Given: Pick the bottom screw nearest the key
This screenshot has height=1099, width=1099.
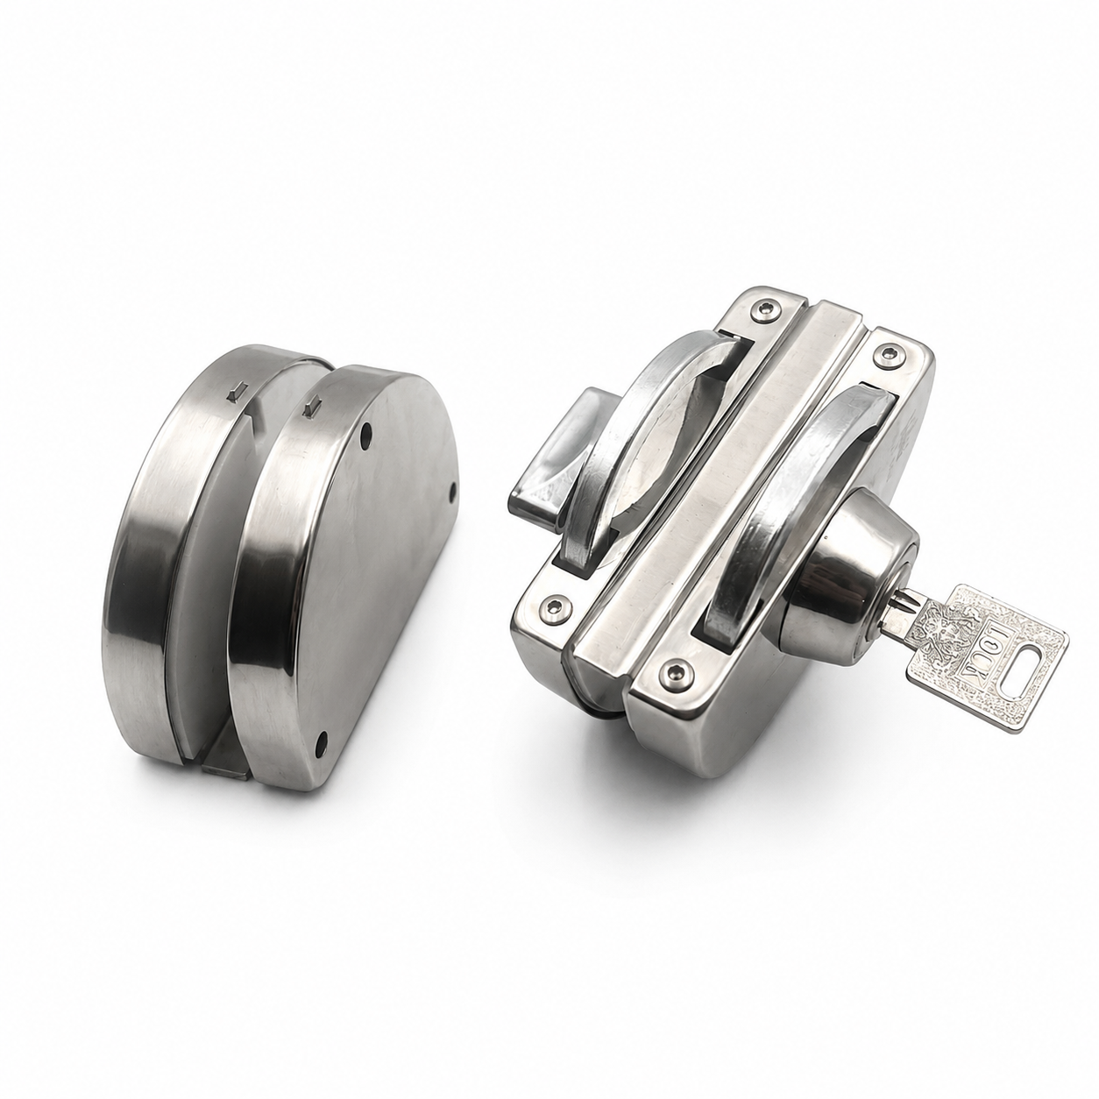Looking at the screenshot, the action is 677,675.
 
